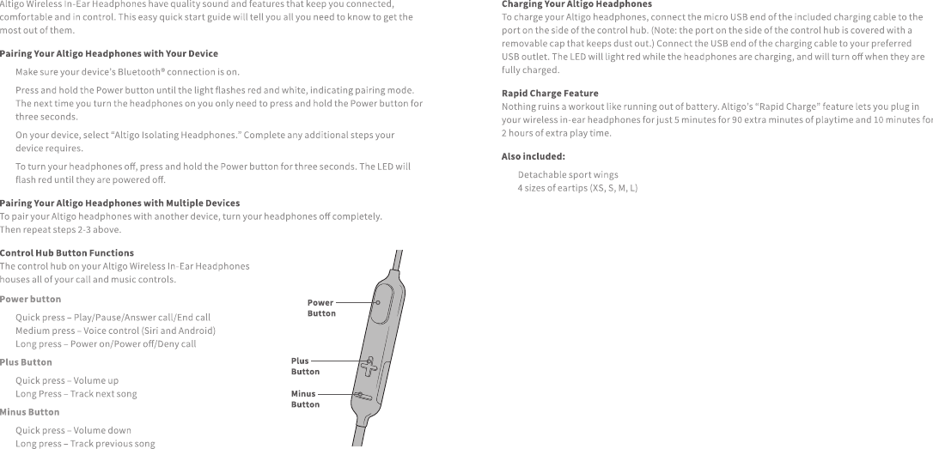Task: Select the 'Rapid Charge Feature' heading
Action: (x=550, y=93)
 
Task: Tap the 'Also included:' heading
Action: (x=533, y=156)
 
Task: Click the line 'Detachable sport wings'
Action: (x=567, y=174)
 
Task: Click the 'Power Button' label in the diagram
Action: (x=321, y=307)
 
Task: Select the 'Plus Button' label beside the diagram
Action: (x=305, y=367)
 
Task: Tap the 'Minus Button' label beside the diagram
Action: (x=305, y=399)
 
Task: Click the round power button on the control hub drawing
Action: (x=378, y=302)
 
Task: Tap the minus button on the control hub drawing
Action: (x=363, y=397)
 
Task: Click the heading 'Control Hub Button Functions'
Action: (x=67, y=253)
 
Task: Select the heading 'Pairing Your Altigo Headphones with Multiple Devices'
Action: (x=119, y=203)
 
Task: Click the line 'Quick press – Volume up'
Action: (x=67, y=380)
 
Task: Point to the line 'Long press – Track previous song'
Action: (x=85, y=444)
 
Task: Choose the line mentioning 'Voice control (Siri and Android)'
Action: (x=115, y=331)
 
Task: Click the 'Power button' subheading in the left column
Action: (x=31, y=299)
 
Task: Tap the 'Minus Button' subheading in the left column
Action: (x=29, y=412)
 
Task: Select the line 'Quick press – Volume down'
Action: (x=73, y=430)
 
